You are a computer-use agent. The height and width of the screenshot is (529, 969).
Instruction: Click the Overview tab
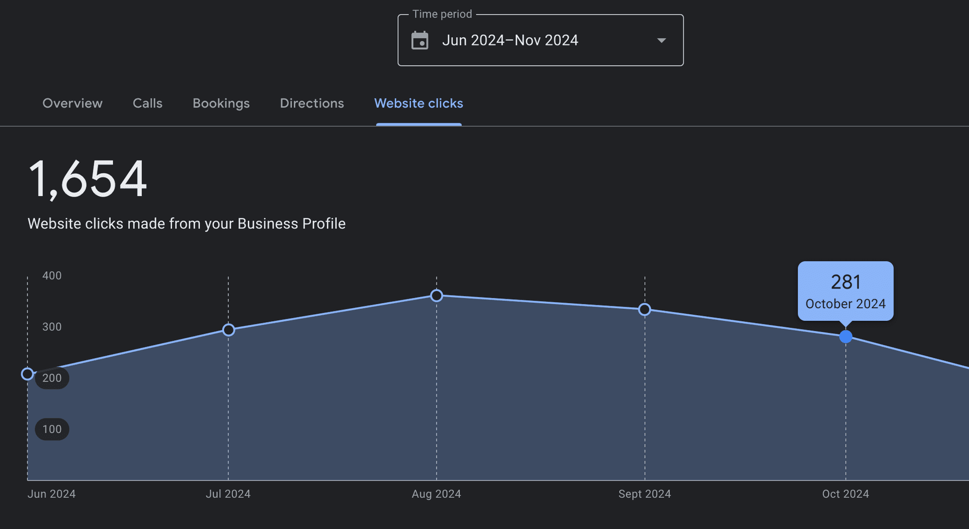[72, 103]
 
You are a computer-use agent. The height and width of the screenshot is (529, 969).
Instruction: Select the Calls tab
[147, 103]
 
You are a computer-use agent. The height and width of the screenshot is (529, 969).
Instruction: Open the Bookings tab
[221, 103]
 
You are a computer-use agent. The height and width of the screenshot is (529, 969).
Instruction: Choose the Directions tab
[312, 103]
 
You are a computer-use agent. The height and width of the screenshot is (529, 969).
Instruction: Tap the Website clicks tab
[418, 103]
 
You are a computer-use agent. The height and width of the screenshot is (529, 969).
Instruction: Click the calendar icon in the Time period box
[420, 40]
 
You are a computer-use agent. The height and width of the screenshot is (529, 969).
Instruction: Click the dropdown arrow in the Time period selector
[661, 40]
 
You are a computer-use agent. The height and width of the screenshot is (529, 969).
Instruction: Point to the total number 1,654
[88, 179]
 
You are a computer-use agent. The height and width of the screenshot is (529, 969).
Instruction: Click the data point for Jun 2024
[27, 374]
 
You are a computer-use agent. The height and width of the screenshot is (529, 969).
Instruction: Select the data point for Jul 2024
[228, 330]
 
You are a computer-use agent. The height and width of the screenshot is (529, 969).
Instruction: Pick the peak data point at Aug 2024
[437, 296]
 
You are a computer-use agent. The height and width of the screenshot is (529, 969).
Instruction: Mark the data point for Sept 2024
[644, 309]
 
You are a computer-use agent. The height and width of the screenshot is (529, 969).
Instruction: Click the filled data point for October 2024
[846, 336]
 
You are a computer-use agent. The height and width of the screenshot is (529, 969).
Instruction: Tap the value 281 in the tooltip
[845, 282]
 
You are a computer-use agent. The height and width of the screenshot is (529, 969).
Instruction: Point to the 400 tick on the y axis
[52, 276]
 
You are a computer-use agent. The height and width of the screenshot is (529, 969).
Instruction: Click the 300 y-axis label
[52, 327]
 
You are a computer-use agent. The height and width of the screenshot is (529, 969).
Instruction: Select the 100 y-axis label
[52, 429]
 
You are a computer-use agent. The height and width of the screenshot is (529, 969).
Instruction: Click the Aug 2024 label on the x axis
[436, 494]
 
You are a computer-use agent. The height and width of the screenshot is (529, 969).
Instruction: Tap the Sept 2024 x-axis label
[644, 494]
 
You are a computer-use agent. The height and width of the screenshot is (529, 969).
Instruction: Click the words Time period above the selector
[442, 14]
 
